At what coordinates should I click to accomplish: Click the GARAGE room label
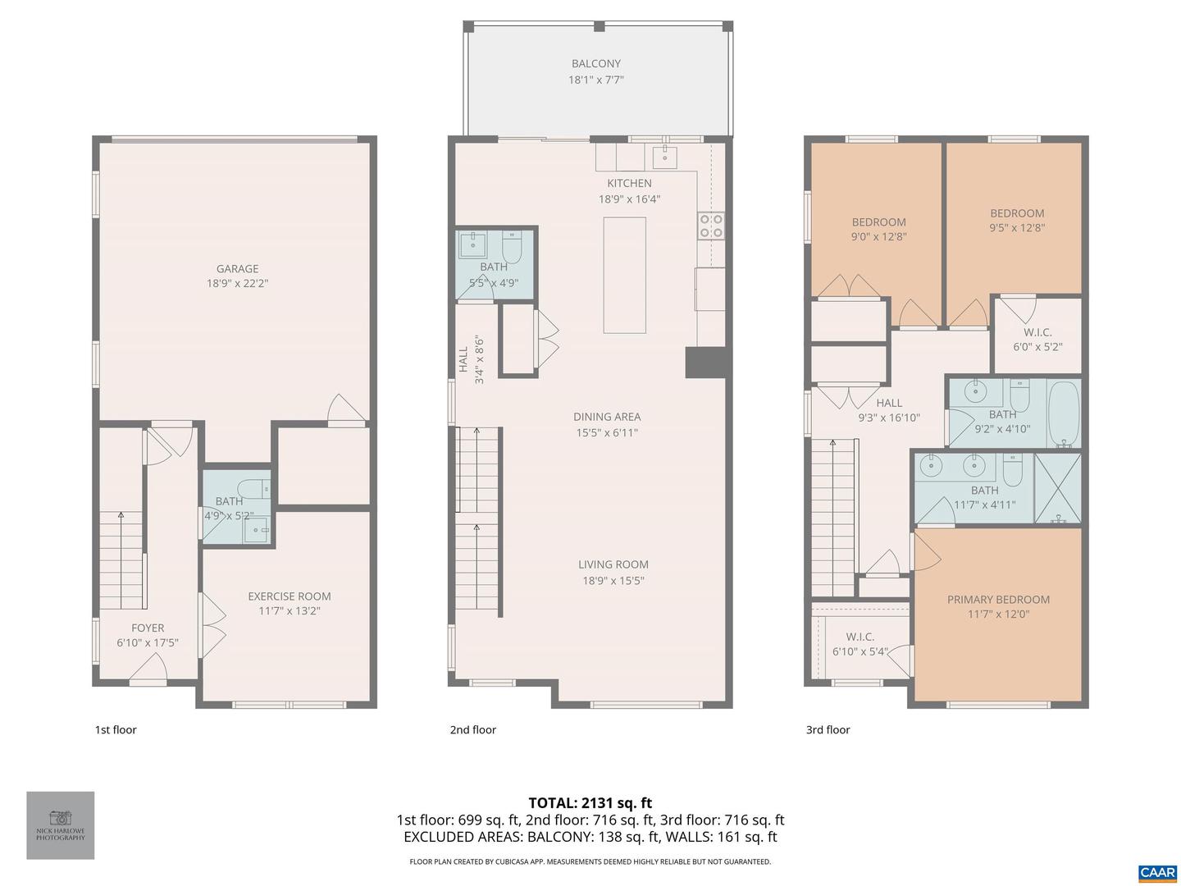click(237, 268)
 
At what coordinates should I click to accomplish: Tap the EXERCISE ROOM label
click(290, 596)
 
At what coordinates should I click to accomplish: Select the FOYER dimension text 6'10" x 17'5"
click(148, 643)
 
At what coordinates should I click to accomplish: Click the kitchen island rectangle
click(624, 275)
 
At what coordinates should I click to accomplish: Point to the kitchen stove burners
click(710, 226)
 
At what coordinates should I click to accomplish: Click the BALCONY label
click(596, 63)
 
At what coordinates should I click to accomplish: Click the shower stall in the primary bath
click(1057, 488)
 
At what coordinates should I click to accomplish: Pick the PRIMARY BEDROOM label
click(998, 600)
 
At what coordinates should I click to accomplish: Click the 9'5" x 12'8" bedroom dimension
click(1017, 229)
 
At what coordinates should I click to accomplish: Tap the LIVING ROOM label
click(613, 564)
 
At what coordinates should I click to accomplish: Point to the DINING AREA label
click(607, 417)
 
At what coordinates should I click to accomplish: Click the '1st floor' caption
click(116, 730)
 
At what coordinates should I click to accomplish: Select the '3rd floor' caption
click(828, 730)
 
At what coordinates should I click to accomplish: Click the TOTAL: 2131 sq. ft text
click(590, 803)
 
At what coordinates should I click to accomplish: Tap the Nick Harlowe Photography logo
click(61, 824)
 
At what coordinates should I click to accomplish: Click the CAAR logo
click(1157, 873)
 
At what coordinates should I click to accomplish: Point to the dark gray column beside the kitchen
click(706, 363)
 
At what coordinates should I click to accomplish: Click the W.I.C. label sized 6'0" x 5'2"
click(1037, 332)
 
